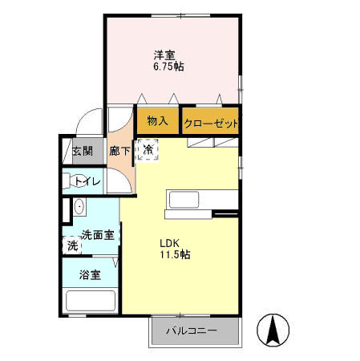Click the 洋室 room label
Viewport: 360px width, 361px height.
166,55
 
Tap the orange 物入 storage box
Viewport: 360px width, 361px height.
157,121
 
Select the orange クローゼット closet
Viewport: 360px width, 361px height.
210,123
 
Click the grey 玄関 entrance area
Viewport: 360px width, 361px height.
81,151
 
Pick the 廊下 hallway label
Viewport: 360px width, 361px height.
119,151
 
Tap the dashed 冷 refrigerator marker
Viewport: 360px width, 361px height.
148,149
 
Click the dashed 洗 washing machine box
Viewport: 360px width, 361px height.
72,245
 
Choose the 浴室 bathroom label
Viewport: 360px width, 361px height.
89,274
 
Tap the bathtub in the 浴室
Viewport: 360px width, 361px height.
90,302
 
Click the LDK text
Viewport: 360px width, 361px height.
169,242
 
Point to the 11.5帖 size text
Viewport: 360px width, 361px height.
174,255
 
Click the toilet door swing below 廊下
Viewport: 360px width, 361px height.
119,180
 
